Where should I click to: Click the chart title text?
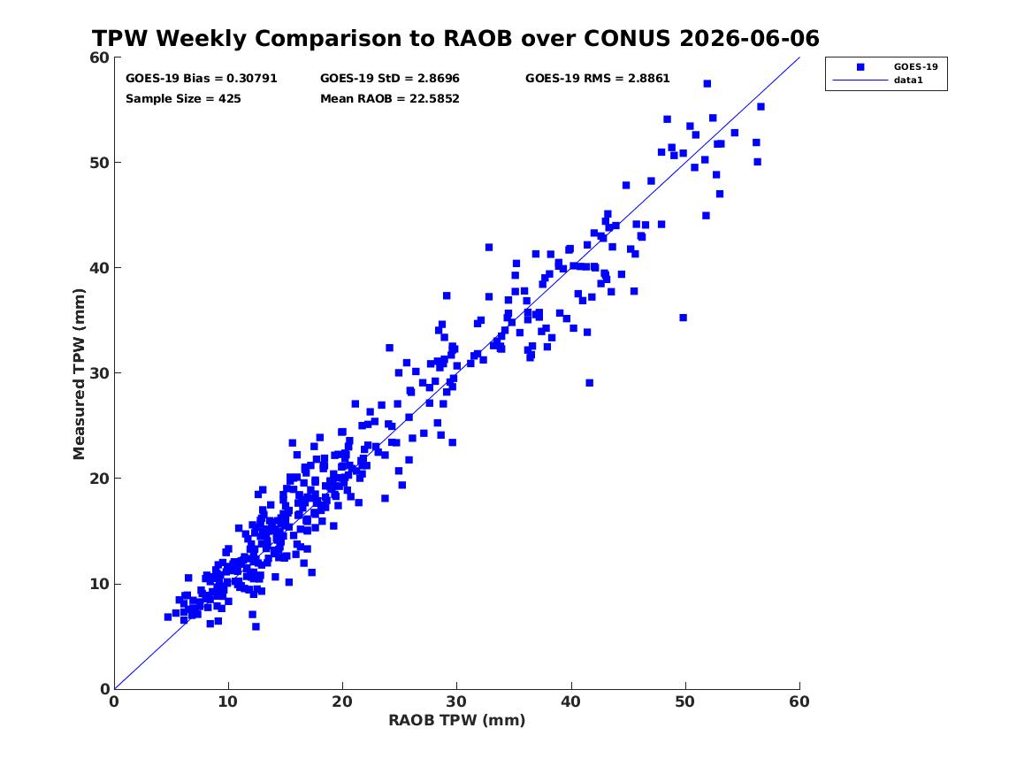click(455, 38)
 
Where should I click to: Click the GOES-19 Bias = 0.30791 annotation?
click(202, 79)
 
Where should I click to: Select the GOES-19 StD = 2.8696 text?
click(390, 79)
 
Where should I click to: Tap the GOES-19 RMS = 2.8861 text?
click(598, 79)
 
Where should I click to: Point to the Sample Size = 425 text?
click(183, 99)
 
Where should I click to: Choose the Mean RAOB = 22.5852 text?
click(390, 99)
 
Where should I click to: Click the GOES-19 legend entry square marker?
click(860, 66)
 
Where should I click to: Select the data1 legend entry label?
click(908, 80)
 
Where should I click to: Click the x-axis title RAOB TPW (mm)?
click(457, 720)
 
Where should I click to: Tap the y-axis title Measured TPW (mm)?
click(79, 374)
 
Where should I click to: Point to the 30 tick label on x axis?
click(457, 701)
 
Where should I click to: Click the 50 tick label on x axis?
click(685, 701)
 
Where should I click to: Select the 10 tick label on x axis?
click(228, 701)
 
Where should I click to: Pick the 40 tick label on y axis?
click(99, 268)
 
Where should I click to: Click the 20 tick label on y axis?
click(99, 479)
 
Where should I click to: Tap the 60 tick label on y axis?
click(99, 57)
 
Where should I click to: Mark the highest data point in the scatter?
click(707, 83)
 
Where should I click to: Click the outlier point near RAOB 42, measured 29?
click(589, 382)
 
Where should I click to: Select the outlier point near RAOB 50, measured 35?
click(684, 318)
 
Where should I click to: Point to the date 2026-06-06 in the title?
click(749, 38)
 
